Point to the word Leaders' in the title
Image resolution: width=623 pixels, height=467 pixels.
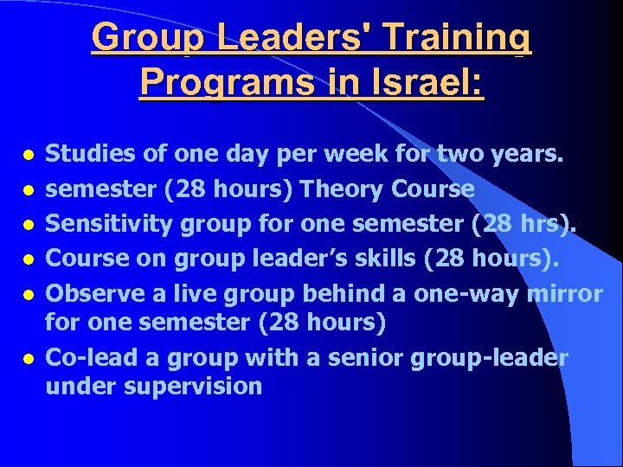click(299, 38)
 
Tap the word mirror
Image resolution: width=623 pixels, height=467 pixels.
click(563, 294)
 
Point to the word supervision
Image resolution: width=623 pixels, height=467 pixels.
click(195, 386)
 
